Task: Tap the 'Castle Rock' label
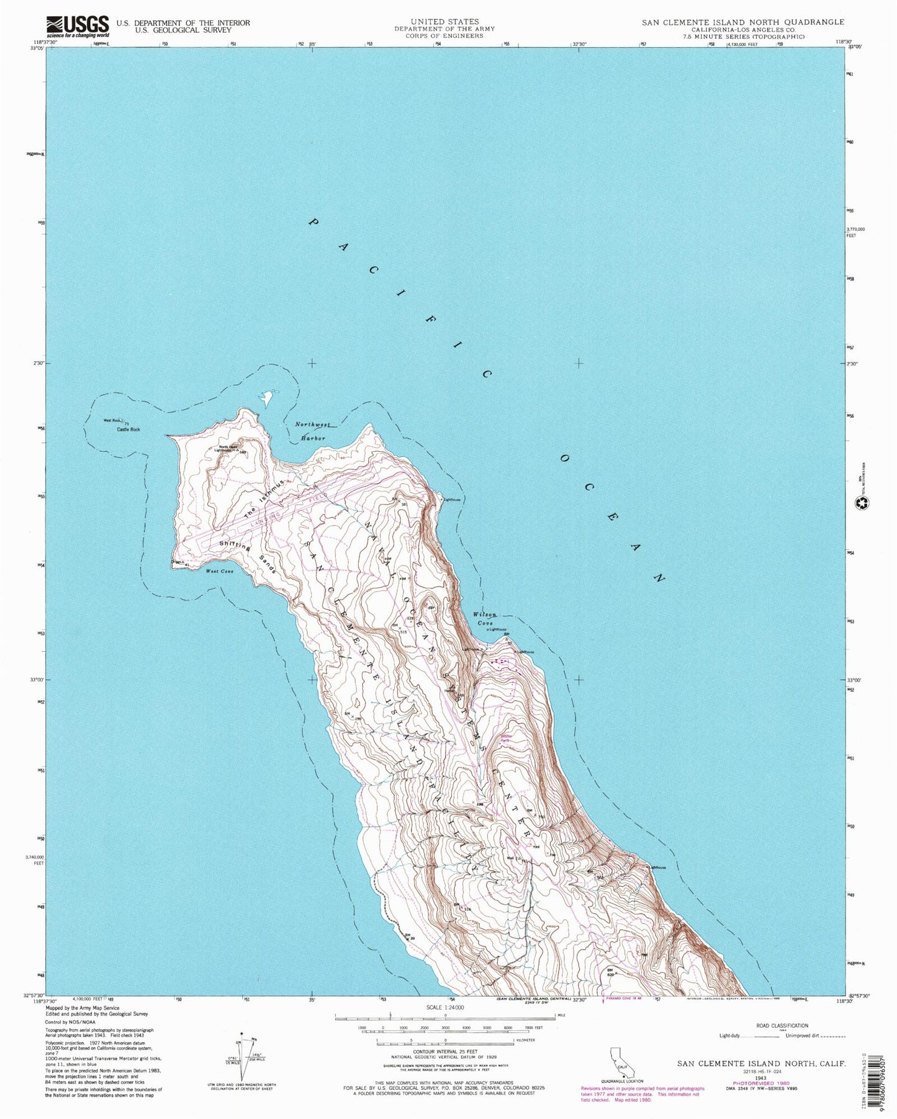[x=128, y=429]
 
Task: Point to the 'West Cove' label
[x=219, y=571]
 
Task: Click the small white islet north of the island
[x=267, y=397]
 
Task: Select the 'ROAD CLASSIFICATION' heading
[x=782, y=1026]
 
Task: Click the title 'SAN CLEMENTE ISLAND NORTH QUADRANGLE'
[x=742, y=22]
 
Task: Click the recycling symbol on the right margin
[x=860, y=505]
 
